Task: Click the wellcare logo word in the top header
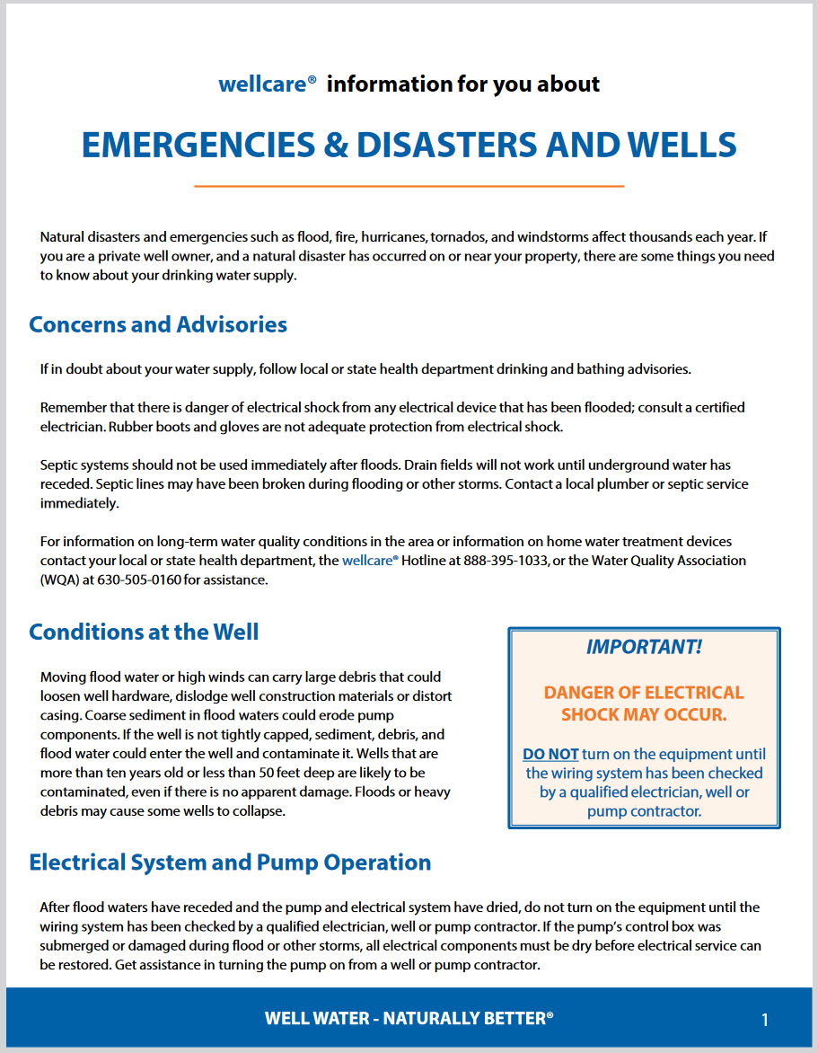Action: coord(262,84)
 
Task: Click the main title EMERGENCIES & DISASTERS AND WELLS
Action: coord(409,146)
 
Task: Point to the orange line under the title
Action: coord(409,186)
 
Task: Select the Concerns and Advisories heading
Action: coord(158,324)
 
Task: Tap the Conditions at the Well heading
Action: coord(144,632)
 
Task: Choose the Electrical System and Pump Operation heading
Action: coord(230,863)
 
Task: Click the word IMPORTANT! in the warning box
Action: coord(644,647)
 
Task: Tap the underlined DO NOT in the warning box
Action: coord(550,754)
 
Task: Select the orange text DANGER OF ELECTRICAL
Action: coord(644,693)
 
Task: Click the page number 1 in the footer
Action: coord(765,1020)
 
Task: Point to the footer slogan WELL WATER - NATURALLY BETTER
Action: coord(409,1018)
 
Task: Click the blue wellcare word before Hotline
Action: coord(369,561)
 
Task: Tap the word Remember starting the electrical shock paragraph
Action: coord(74,408)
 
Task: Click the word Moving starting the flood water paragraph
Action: coord(64,677)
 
